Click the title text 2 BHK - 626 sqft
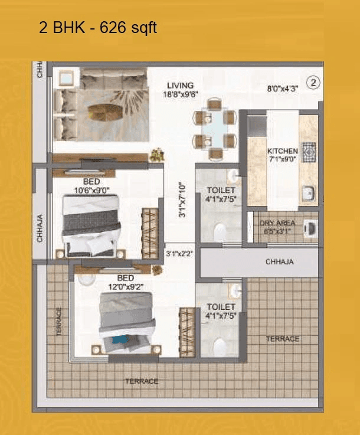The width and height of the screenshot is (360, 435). pos(98,28)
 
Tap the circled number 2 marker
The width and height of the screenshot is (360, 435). pos(313,83)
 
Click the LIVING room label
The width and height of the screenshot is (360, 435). pos(180,86)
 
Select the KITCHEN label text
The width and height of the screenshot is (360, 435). pos(283,151)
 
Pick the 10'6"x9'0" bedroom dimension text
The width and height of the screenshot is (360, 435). pos(91,189)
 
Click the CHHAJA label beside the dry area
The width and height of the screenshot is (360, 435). pos(280,261)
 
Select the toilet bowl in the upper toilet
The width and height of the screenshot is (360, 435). pos(221,230)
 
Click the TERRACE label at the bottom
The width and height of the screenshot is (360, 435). pos(142,381)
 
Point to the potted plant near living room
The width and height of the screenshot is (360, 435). pos(156,155)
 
